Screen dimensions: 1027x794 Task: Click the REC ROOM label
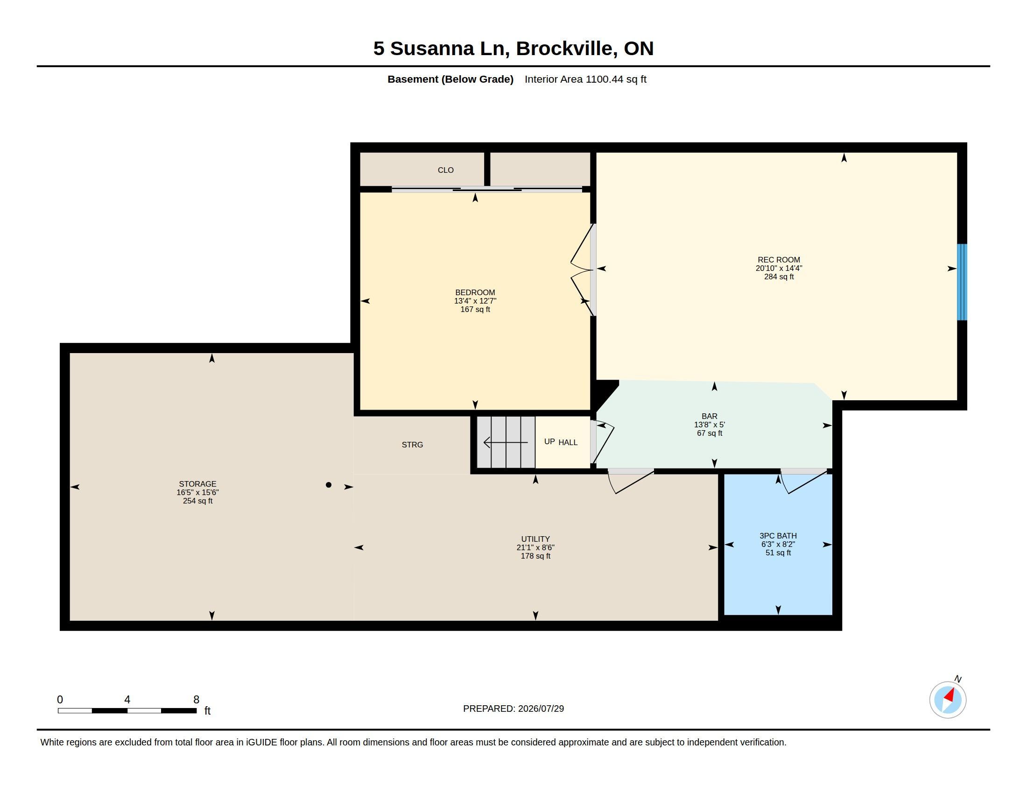tap(779, 260)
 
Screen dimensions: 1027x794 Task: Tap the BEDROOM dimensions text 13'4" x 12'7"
tap(475, 301)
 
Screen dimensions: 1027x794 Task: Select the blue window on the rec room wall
tap(962, 282)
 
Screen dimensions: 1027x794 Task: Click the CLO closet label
tap(446, 170)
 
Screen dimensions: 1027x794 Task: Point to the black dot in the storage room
tap(329, 485)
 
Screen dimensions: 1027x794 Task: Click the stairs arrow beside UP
tap(506, 443)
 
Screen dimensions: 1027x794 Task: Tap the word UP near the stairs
tap(549, 442)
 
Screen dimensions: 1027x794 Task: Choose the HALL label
tap(568, 443)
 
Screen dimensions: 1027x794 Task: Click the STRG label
tap(412, 445)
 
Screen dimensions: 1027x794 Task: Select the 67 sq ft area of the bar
tap(710, 433)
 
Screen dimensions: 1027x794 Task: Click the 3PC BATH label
tap(778, 536)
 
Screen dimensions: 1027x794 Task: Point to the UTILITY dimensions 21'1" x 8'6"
tap(535, 547)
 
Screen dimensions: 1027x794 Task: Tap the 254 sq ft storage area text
tap(197, 501)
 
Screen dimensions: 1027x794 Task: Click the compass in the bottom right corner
tap(948, 700)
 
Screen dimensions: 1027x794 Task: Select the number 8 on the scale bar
tap(196, 700)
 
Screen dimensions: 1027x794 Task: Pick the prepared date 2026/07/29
tap(541, 709)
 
